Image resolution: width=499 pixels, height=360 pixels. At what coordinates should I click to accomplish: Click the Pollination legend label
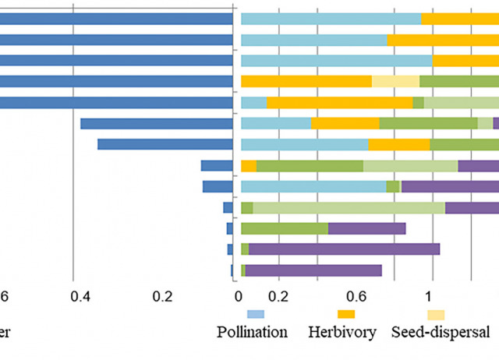252,332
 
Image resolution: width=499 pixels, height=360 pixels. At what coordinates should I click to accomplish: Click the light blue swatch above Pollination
256,313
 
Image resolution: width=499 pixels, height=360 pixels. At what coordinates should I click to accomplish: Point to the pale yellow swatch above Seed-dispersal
435,313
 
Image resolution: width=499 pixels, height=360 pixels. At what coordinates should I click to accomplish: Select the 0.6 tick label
356,296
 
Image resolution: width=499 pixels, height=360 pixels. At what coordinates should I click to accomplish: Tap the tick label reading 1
429,296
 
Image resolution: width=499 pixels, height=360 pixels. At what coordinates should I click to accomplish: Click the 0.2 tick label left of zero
162,296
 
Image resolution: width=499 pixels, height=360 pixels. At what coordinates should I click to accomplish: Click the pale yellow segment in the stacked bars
395,81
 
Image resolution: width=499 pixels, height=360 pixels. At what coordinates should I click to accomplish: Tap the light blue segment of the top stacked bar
331,19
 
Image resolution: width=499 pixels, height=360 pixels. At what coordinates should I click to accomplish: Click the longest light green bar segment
349,207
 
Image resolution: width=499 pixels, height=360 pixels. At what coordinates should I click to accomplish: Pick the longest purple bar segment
344,249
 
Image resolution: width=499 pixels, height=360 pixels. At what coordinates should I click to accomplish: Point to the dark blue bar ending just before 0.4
157,123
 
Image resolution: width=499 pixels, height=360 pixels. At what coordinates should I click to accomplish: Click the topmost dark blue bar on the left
117,19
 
